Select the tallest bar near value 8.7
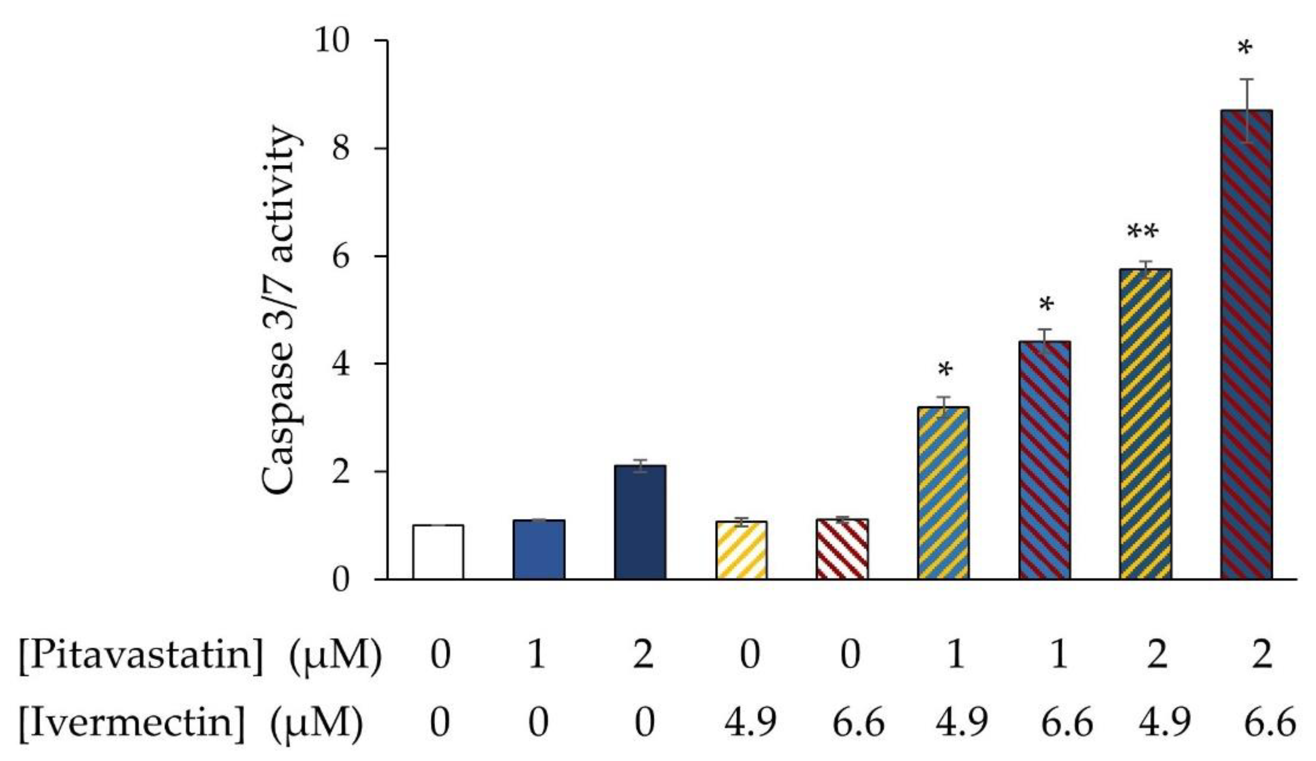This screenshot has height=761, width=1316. tap(1246, 345)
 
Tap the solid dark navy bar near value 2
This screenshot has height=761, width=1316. tap(640, 522)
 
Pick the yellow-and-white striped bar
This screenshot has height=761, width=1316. tap(741, 550)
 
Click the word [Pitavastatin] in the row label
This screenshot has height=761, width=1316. tap(141, 654)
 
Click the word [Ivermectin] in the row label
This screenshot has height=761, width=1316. tap(132, 723)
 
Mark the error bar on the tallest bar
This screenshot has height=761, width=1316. tap(1245, 110)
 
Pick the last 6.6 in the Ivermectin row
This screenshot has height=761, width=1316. tap(1269, 723)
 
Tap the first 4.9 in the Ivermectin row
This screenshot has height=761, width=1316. tap(750, 723)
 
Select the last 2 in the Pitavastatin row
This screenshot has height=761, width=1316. tap(1262, 654)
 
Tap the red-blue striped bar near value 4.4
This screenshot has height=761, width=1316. tap(1044, 460)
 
